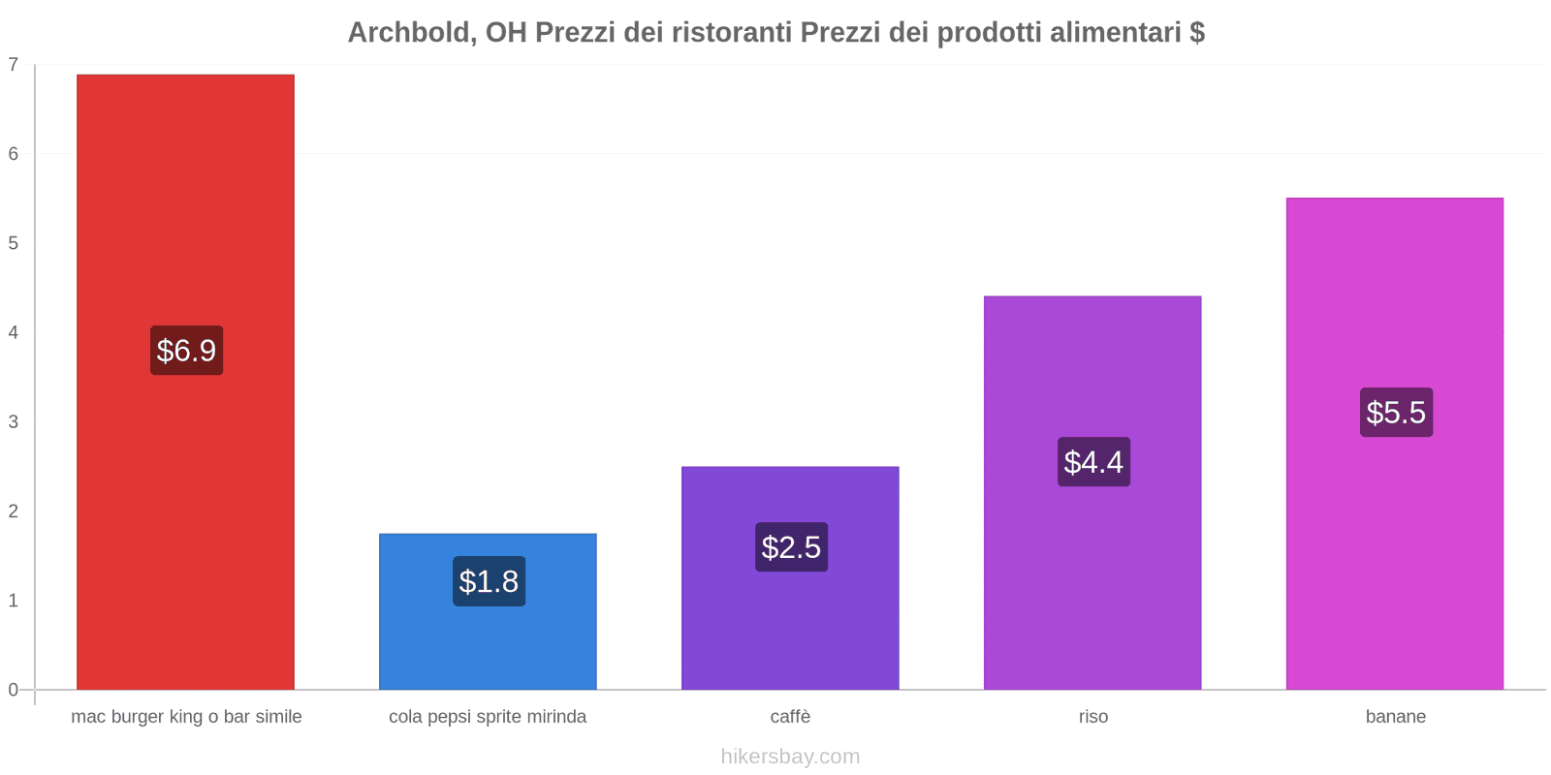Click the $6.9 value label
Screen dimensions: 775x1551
coord(186,351)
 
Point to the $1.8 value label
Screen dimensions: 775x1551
coord(489,581)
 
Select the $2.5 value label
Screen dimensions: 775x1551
coord(791,547)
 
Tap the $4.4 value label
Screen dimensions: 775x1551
coord(1093,462)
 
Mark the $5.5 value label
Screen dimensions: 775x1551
coord(1396,413)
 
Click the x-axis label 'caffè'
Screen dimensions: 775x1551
coord(790,717)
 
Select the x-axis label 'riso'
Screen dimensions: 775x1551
coord(1092,717)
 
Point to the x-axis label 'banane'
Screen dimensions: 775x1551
coord(1395,717)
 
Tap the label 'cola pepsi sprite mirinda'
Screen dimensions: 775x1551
coord(488,717)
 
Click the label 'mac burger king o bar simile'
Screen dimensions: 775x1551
coord(186,717)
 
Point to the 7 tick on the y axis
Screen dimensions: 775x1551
coord(14,65)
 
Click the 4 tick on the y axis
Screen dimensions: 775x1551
coord(14,332)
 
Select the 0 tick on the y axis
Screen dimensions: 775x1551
coord(14,690)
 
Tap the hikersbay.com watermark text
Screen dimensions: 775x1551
coord(790,757)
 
